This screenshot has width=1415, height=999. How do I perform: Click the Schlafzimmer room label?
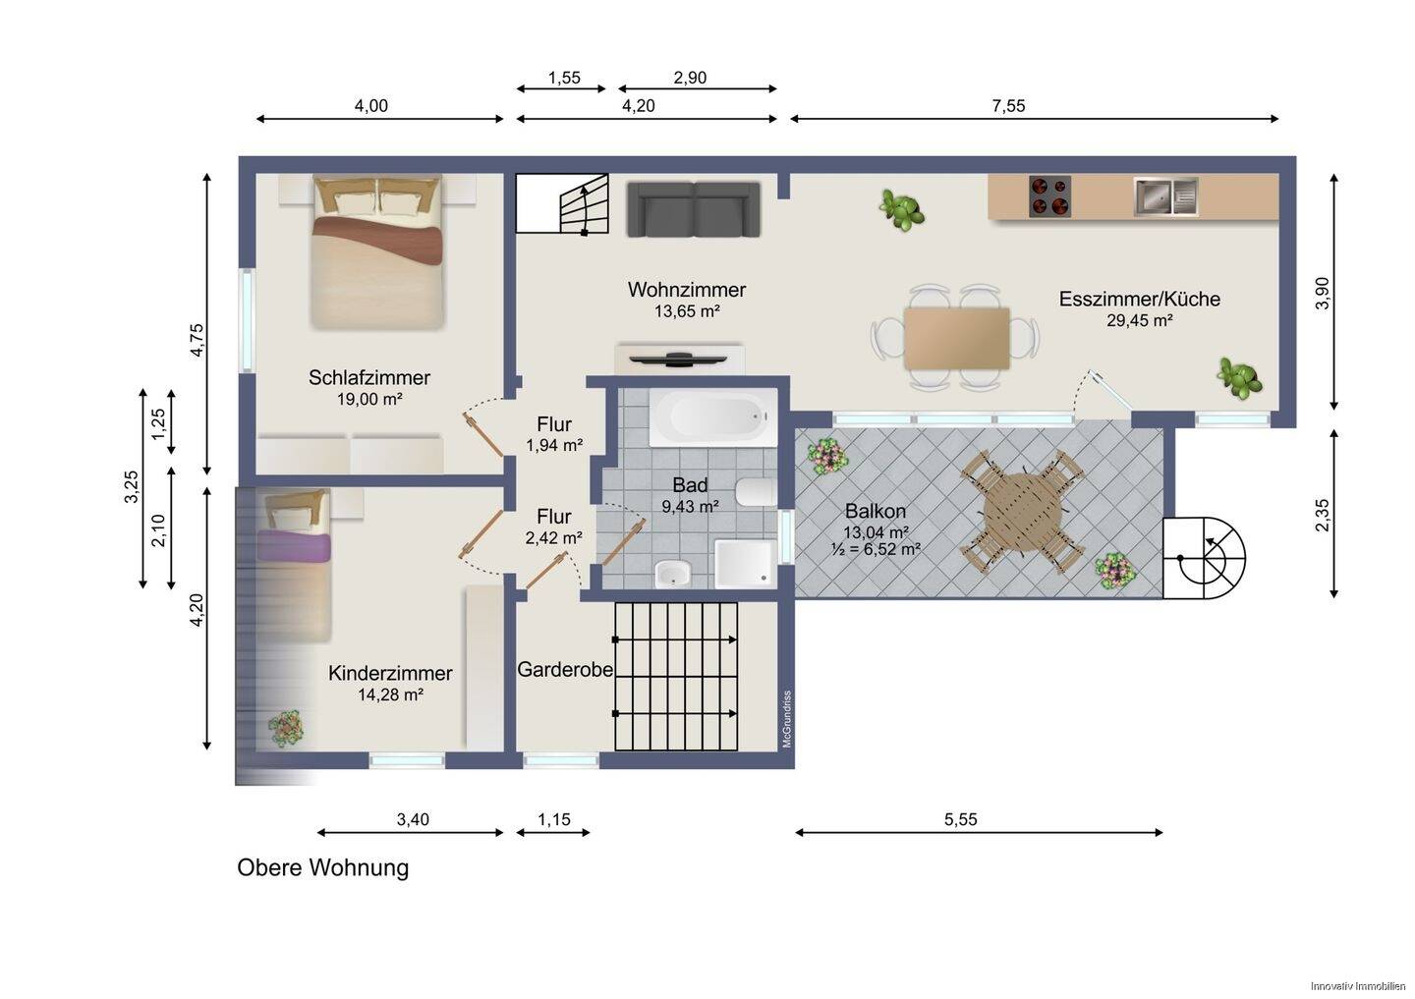pyautogui.click(x=368, y=377)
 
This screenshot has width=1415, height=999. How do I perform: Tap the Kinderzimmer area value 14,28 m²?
pyautogui.click(x=390, y=694)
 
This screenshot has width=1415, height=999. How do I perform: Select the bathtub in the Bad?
pyautogui.click(x=713, y=417)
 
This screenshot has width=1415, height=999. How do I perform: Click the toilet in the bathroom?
pyautogui.click(x=756, y=492)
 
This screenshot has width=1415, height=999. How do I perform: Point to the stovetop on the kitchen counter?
pyautogui.click(x=1049, y=196)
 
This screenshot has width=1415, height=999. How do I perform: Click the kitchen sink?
pyautogui.click(x=1165, y=196)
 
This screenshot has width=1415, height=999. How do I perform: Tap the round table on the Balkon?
pyautogui.click(x=1022, y=514)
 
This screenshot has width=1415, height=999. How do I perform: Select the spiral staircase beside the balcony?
pyautogui.click(x=1204, y=558)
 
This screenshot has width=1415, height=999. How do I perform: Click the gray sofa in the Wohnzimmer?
pyautogui.click(x=694, y=209)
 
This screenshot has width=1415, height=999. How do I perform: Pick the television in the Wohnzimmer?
pyautogui.click(x=678, y=360)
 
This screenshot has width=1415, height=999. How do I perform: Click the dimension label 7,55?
pyautogui.click(x=1008, y=105)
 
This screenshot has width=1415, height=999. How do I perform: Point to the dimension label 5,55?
pyautogui.click(x=960, y=819)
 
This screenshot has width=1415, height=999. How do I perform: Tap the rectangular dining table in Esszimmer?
pyautogui.click(x=956, y=339)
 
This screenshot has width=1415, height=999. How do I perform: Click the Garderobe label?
pyautogui.click(x=565, y=669)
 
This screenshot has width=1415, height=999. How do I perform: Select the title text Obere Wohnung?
pyautogui.click(x=322, y=867)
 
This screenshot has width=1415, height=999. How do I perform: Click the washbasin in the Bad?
pyautogui.click(x=672, y=574)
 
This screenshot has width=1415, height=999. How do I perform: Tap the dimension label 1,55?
pyautogui.click(x=563, y=78)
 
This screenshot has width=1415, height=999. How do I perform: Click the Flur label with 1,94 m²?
pyautogui.click(x=554, y=434)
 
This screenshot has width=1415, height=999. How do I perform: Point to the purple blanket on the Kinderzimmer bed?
pyautogui.click(x=293, y=545)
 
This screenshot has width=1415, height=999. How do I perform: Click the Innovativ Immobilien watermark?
pyautogui.click(x=1358, y=986)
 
